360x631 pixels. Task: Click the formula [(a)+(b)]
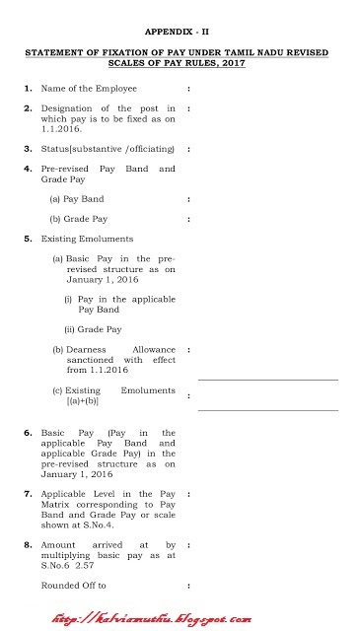tap(84, 401)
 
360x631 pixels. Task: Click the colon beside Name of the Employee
tap(187, 89)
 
